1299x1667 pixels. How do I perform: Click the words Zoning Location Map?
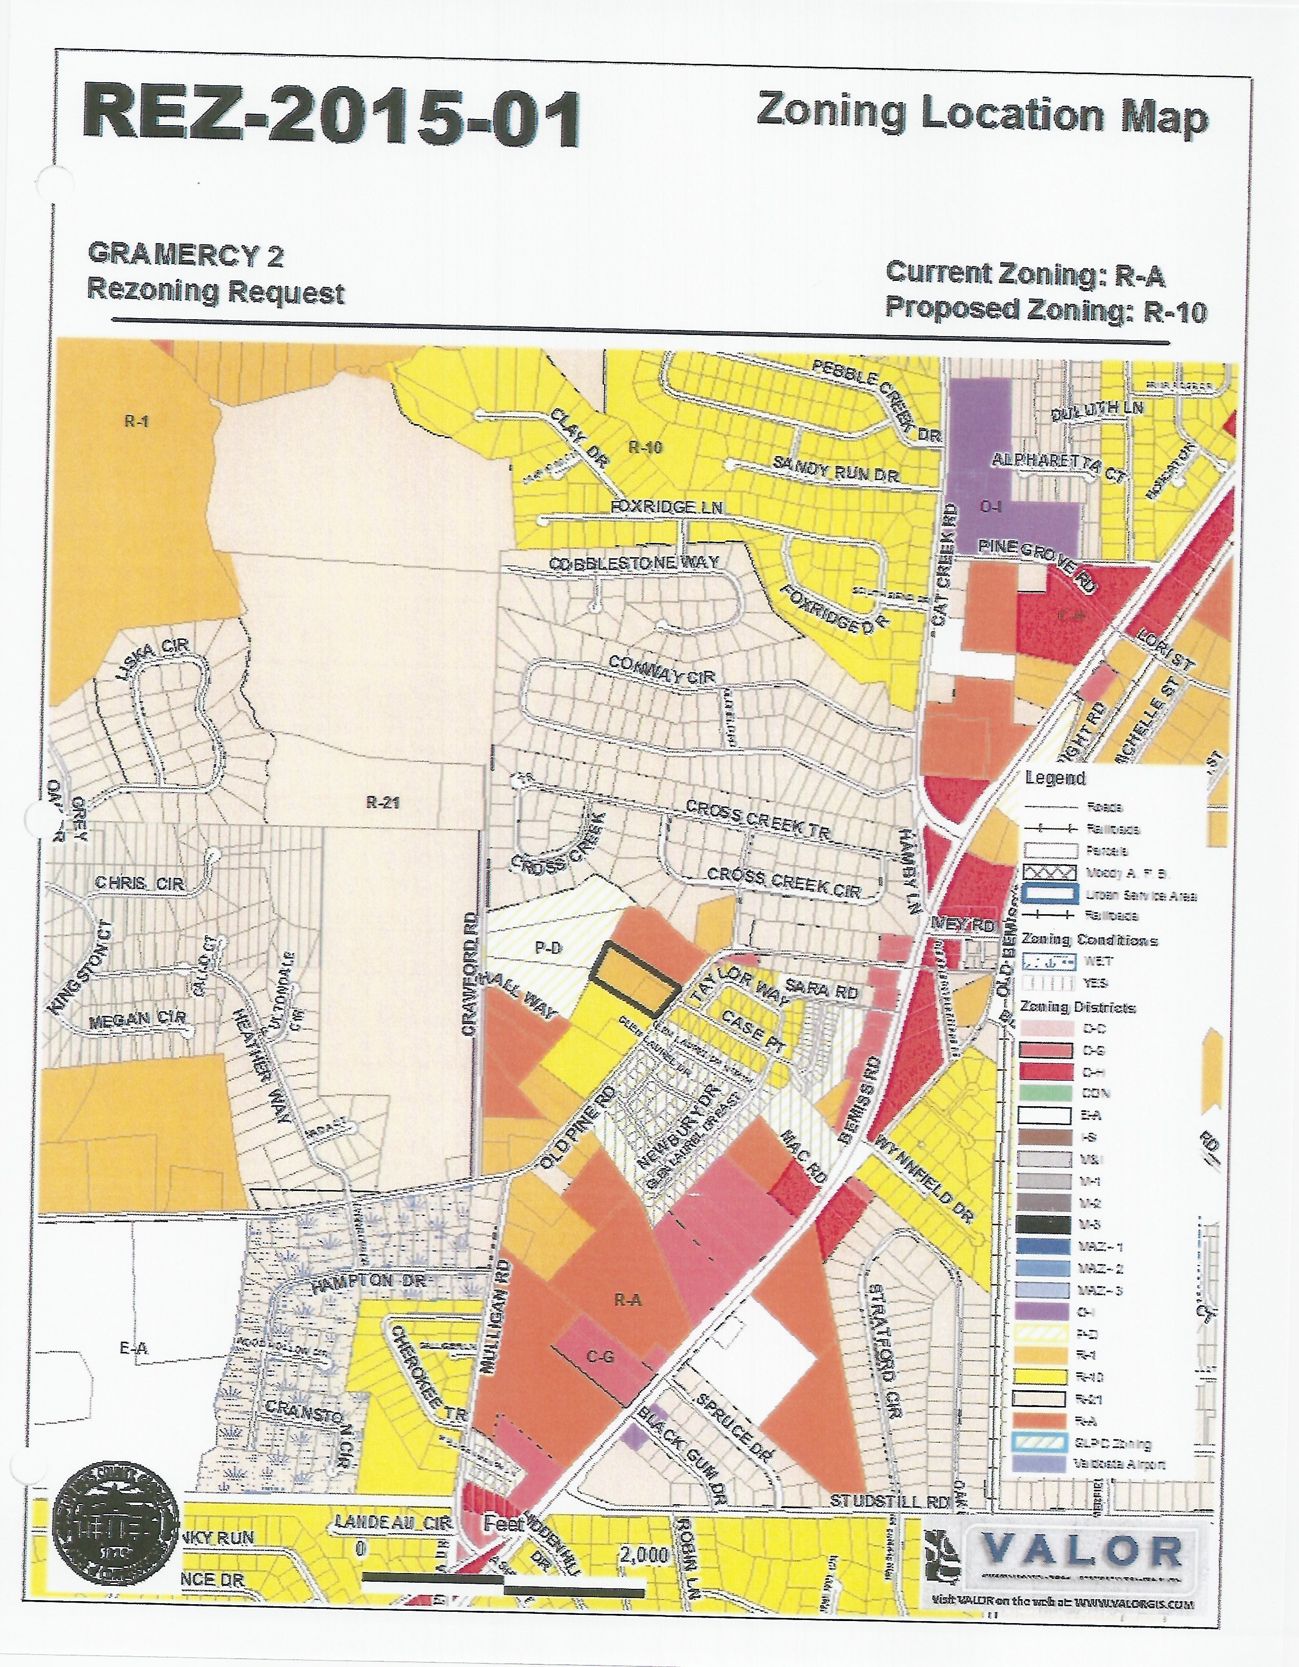coord(982,116)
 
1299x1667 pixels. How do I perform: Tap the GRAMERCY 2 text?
coord(185,254)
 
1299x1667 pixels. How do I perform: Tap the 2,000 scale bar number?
coord(645,1555)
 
